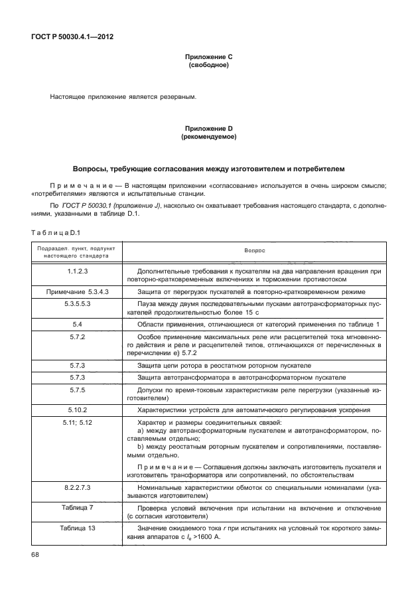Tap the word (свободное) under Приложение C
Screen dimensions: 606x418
click(208, 66)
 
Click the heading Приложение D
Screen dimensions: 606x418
click(208, 128)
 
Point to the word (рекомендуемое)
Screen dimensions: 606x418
click(208, 136)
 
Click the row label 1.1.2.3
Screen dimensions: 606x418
click(78, 271)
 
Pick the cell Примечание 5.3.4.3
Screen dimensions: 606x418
click(78, 291)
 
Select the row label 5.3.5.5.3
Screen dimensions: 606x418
click(78, 303)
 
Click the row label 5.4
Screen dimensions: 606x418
click(78, 323)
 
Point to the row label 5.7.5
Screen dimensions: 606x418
click(78, 390)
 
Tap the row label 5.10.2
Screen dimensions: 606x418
click(78, 410)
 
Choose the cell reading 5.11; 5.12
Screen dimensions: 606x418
click(78, 422)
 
